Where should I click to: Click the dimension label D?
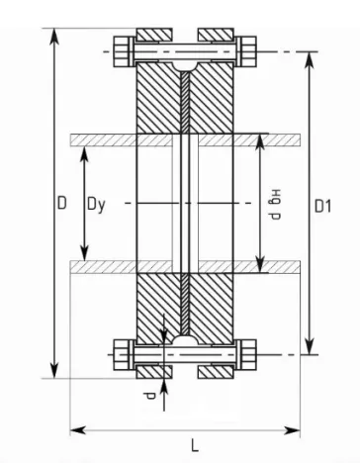point(62,203)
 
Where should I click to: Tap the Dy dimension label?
point(96,205)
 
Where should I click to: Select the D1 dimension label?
point(322,207)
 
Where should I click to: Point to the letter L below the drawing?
point(195,446)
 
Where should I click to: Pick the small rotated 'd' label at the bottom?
point(150,396)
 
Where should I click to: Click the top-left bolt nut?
point(123,51)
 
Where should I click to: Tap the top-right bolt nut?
point(247,51)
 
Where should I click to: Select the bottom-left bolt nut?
point(123,355)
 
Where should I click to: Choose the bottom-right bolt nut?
point(247,355)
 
